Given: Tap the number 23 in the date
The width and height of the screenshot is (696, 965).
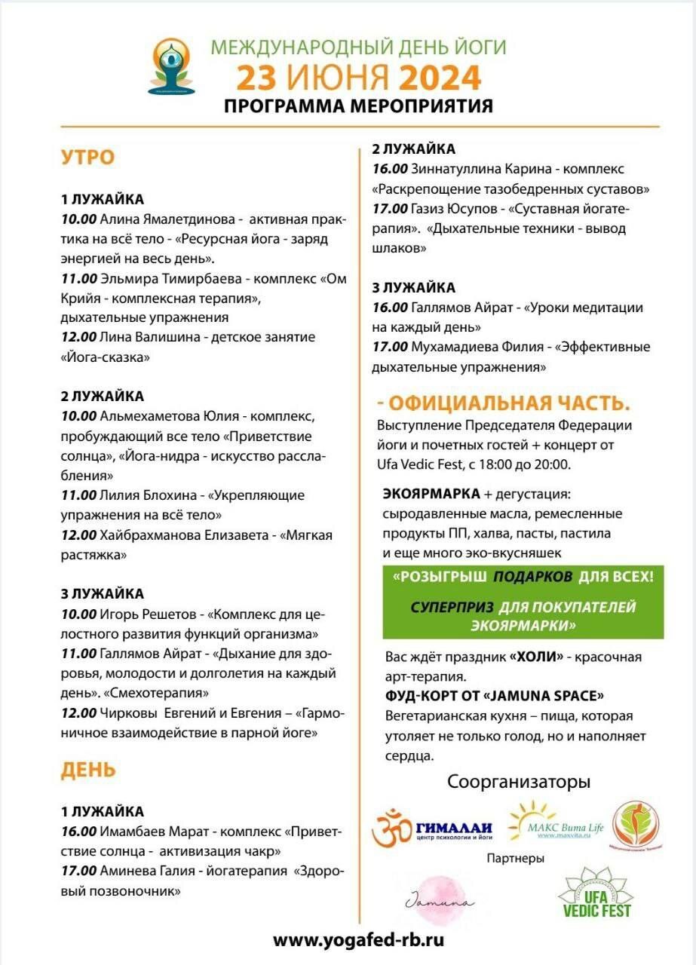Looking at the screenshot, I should tap(256, 78).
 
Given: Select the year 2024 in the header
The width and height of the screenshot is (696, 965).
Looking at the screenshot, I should tap(440, 78).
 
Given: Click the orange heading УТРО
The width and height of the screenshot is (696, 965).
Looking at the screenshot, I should tap(87, 158).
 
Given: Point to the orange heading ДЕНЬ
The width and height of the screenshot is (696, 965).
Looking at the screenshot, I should tap(88, 770).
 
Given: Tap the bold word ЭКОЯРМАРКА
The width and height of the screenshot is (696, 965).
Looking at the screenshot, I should tap(431, 494).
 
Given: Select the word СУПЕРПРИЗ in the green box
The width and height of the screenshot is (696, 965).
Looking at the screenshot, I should tap(452, 607).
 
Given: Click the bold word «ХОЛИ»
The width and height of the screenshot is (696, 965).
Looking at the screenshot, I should tap(536, 657).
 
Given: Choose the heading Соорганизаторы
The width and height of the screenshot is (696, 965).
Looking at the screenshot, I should tap(519, 781).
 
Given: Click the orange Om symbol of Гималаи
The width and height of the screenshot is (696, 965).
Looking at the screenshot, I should tap(392, 828).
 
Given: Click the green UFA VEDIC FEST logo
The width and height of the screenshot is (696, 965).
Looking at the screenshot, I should tap(594, 894).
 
